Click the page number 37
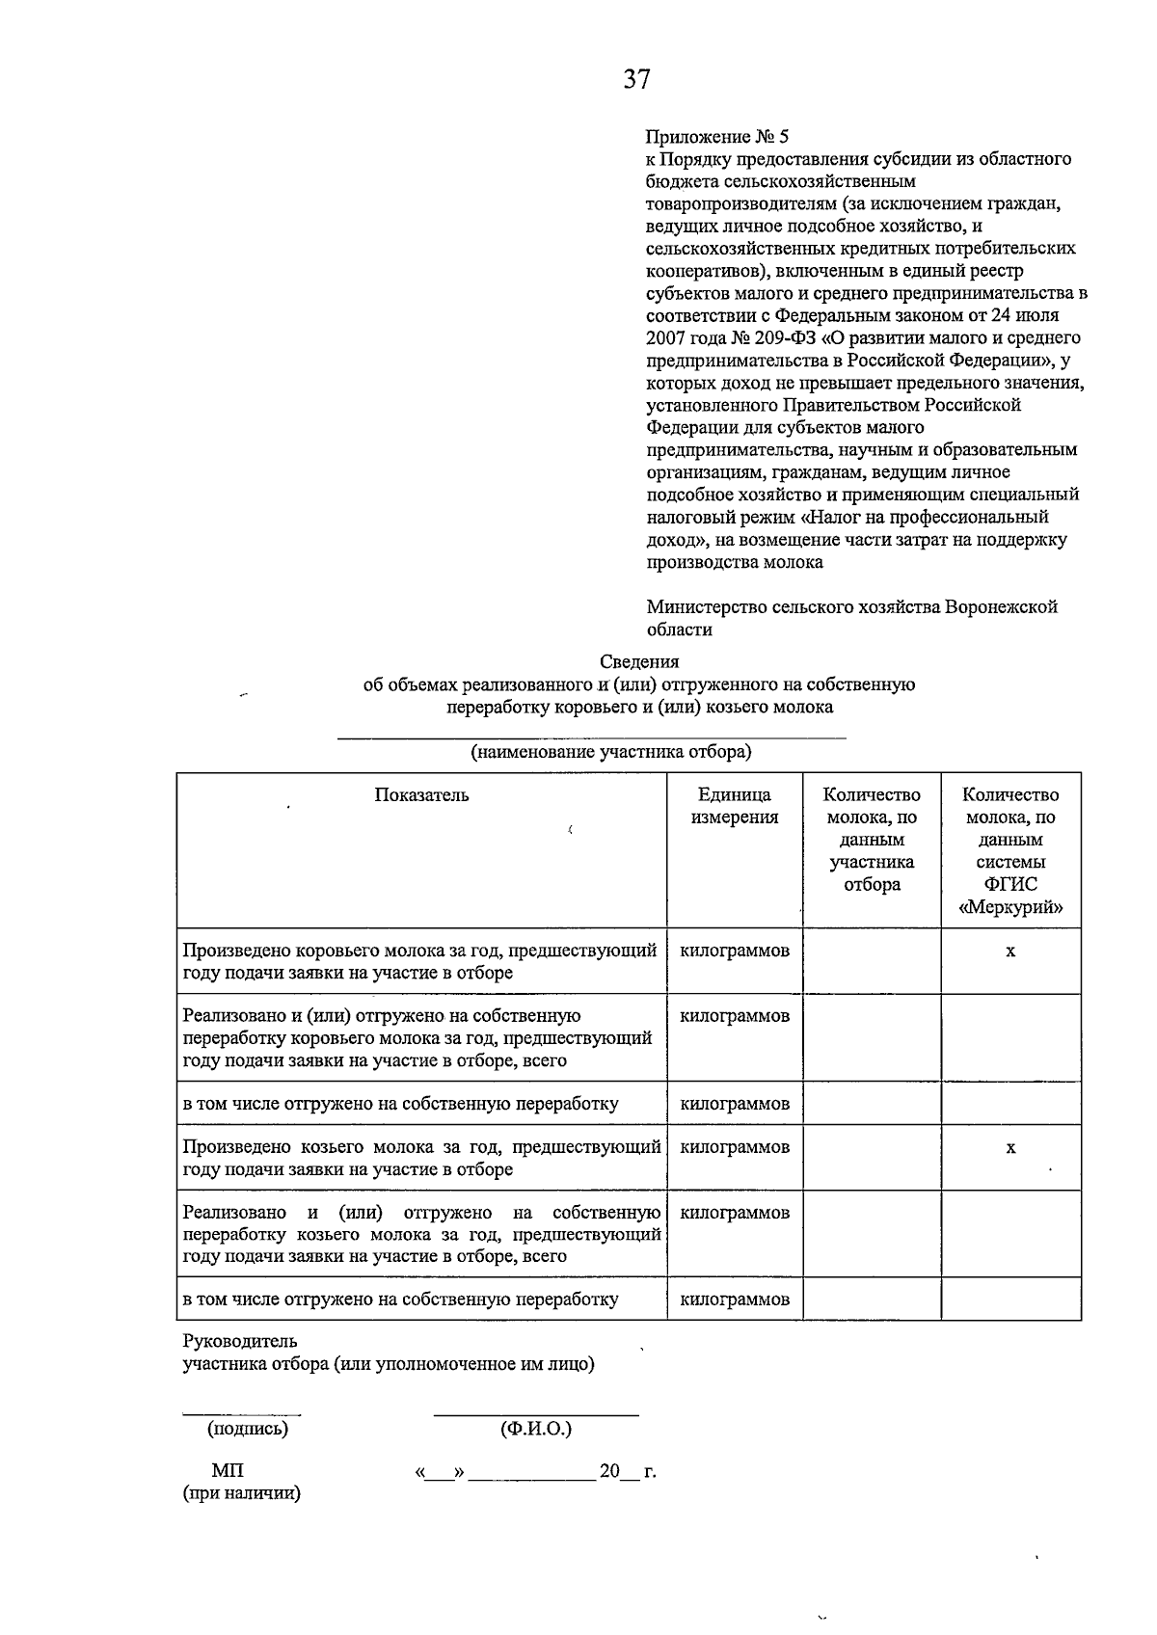[x=636, y=79]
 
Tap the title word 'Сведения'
[x=639, y=661]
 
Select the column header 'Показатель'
[x=421, y=795]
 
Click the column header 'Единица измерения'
[x=735, y=806]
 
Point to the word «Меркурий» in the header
[x=1010, y=907]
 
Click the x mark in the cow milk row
[x=1010, y=952]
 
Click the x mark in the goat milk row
[x=1010, y=1148]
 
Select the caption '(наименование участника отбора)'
[x=610, y=752]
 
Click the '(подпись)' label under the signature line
[x=248, y=1429]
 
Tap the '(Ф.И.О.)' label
[x=536, y=1429]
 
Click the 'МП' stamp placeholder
[x=228, y=1471]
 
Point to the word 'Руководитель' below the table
[x=240, y=1341]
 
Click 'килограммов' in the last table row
[x=735, y=1300]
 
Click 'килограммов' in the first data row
[x=735, y=951]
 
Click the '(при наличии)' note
[x=242, y=1494]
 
